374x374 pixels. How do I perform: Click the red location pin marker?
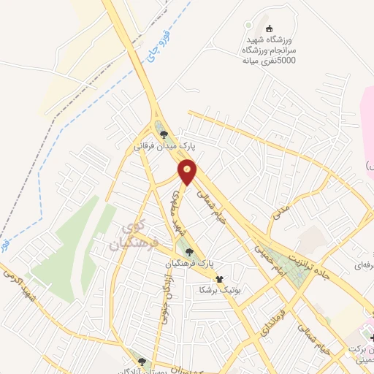[188, 172]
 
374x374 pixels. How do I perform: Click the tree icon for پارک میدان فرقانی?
[164, 134]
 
